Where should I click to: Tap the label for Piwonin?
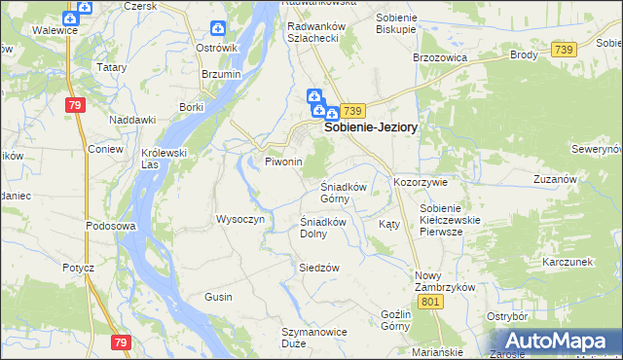284,162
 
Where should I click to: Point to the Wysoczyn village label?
239,219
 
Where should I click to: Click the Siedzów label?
318,267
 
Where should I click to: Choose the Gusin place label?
218,296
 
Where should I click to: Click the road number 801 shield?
432,303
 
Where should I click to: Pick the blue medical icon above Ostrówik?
217,29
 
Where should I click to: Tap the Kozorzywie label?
420,182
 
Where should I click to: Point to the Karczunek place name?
568,263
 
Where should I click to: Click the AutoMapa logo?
556,342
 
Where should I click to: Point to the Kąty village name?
389,224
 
